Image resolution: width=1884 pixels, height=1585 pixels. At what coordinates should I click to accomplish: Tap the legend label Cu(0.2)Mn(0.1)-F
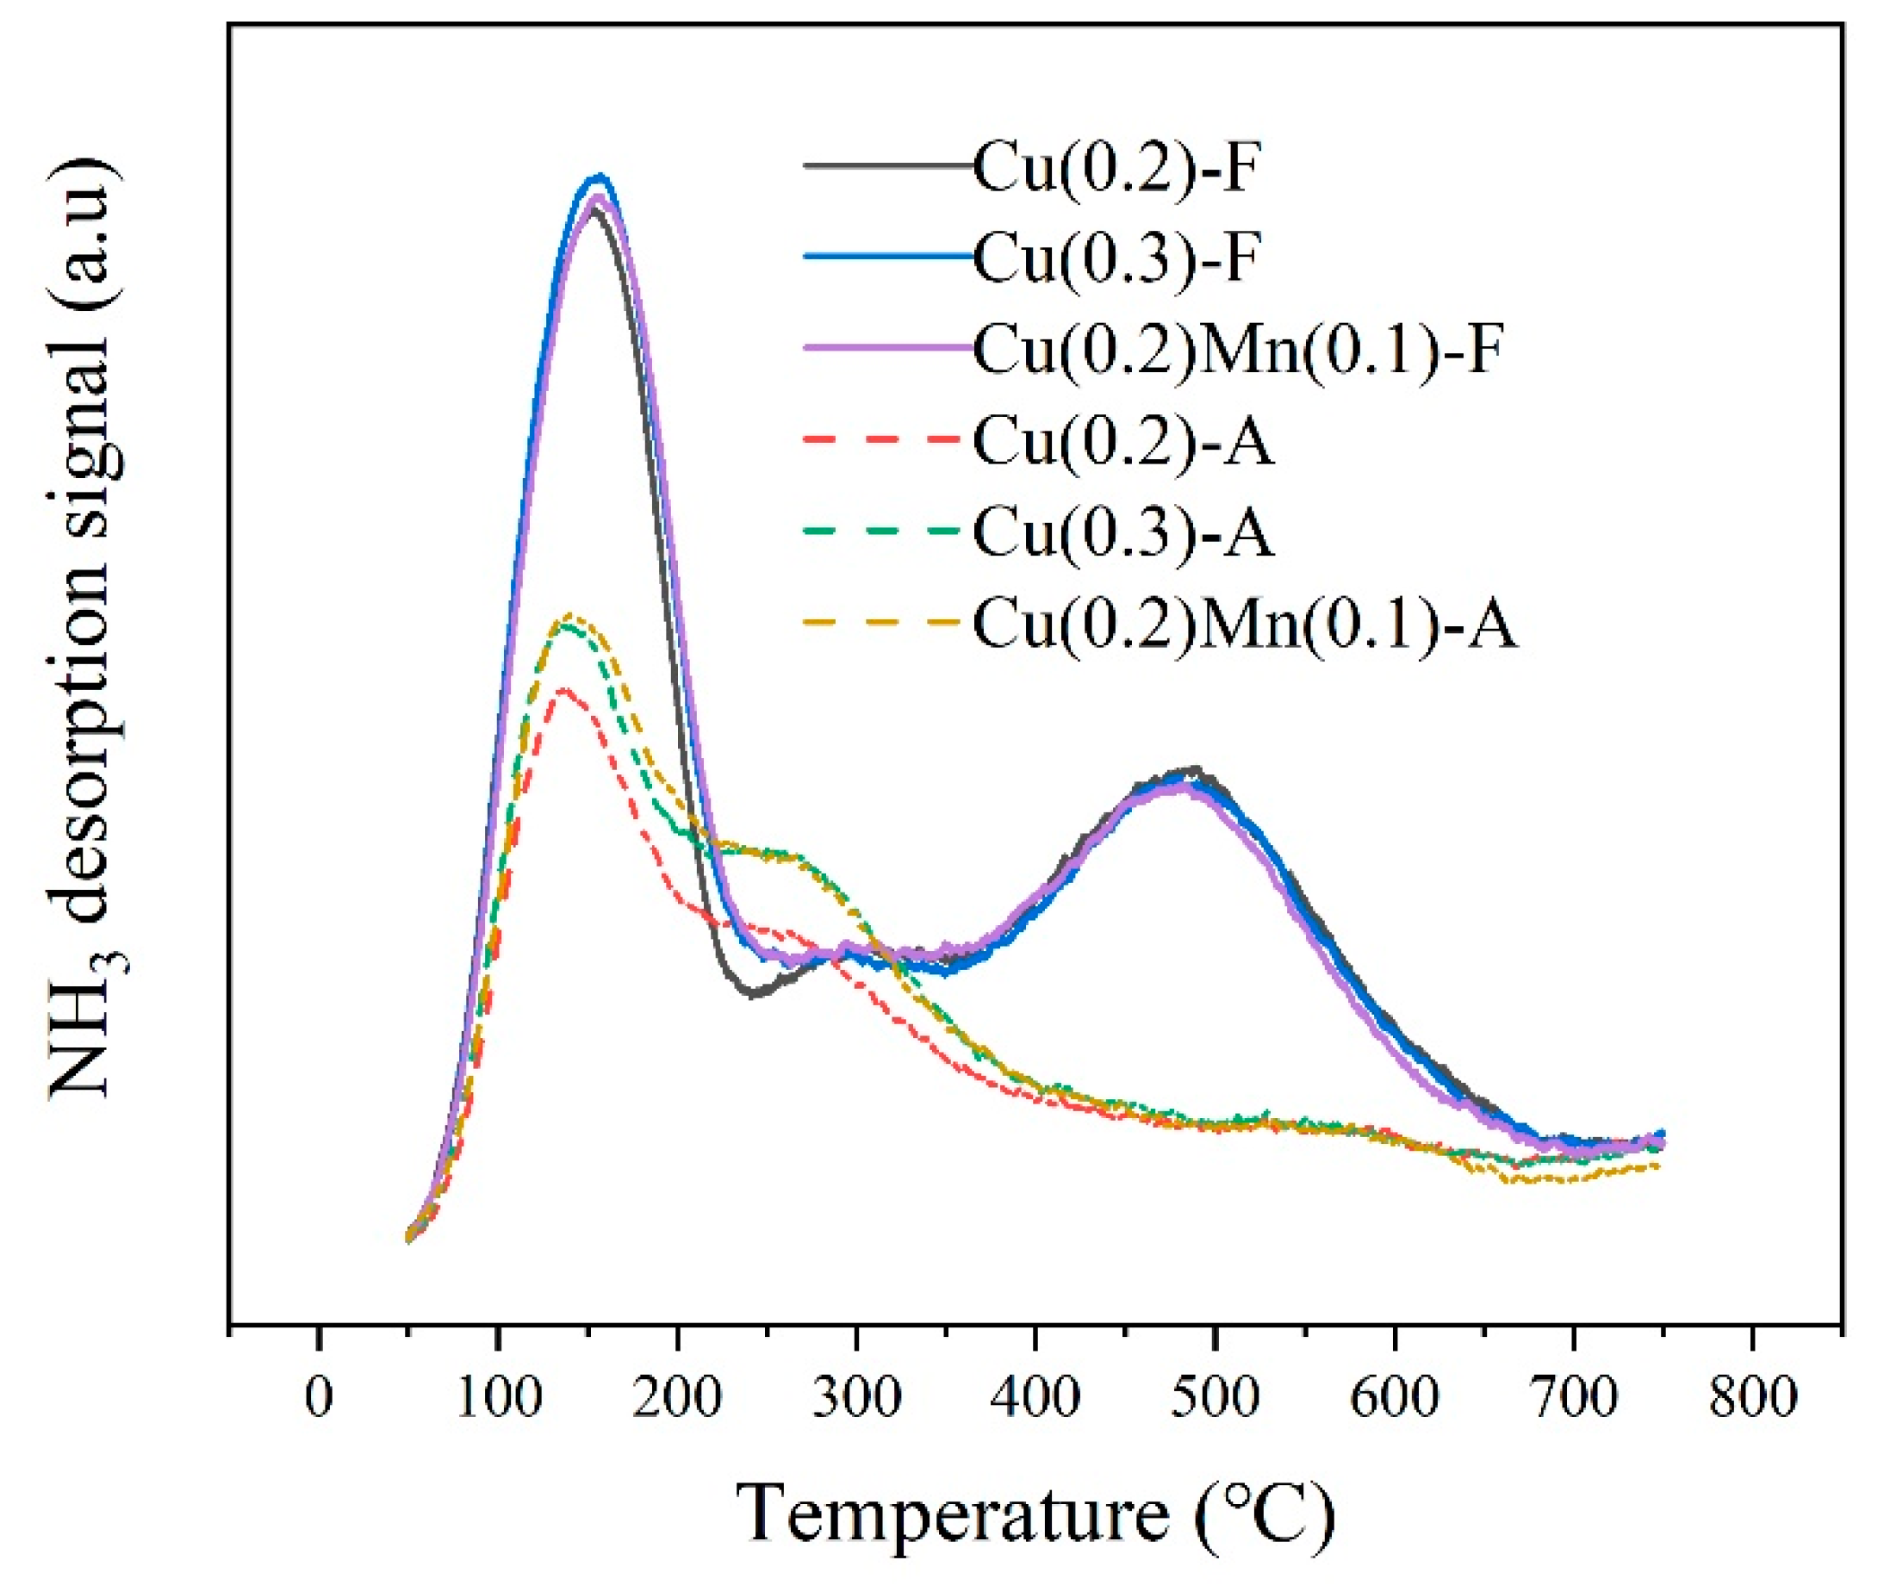point(1238,350)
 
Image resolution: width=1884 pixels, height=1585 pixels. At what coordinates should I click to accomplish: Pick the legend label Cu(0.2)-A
point(1123,441)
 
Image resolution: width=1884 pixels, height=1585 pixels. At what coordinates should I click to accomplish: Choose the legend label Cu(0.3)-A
point(1123,533)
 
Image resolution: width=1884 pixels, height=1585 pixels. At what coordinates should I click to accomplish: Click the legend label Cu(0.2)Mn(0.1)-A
point(1244,625)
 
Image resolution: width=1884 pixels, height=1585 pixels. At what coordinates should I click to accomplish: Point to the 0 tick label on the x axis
point(319,1399)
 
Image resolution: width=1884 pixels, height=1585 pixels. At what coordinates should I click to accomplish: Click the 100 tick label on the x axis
point(498,1399)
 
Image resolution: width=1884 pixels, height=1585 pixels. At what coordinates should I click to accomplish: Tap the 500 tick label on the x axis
point(1215,1399)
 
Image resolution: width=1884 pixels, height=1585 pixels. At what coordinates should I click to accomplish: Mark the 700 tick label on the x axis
point(1573,1399)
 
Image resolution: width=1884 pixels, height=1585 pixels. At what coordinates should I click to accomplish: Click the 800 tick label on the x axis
point(1752,1399)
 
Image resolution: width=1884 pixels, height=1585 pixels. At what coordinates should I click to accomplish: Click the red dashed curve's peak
point(564,690)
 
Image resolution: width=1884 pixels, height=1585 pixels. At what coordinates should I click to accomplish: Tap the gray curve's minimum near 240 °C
point(753,993)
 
